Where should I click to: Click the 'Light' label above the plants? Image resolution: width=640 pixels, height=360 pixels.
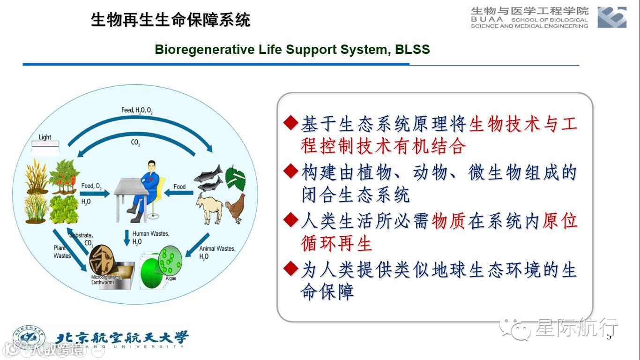coord(45,137)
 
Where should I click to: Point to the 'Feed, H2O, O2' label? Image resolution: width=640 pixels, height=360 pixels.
coord(137,110)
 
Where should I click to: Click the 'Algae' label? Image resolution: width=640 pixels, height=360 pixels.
coord(171,278)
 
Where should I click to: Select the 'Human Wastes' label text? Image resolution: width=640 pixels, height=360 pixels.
coord(150,233)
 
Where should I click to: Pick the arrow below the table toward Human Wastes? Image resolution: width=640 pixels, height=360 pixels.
coord(127,238)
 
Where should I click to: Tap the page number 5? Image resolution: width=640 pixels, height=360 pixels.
coord(609,337)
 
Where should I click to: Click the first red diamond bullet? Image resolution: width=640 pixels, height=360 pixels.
coord(290,123)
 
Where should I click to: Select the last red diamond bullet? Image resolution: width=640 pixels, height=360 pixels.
coord(290,269)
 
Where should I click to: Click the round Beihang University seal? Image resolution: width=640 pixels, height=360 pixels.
coord(29,337)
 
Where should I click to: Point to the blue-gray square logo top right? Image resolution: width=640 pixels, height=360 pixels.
coord(612,17)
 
